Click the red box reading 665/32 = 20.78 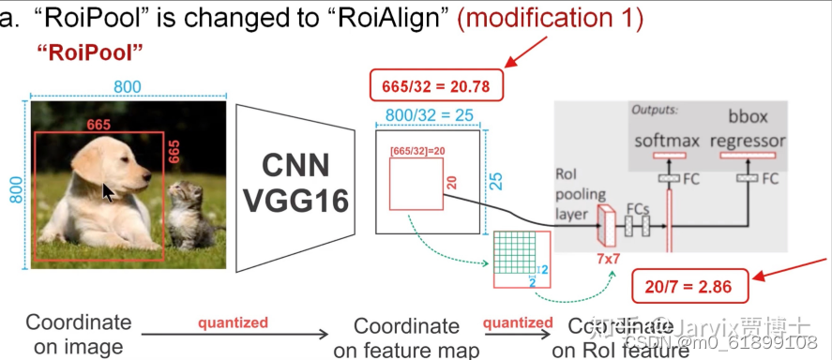coord(436,86)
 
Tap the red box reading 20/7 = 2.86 coord(681,284)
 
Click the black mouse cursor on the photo coord(110,192)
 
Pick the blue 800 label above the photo coord(128,87)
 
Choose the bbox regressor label coord(748,130)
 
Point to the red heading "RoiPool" coord(89,52)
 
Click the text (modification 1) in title coord(550,19)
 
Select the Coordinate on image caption coord(78,334)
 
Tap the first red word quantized coord(232,322)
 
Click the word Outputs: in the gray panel coord(654,109)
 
